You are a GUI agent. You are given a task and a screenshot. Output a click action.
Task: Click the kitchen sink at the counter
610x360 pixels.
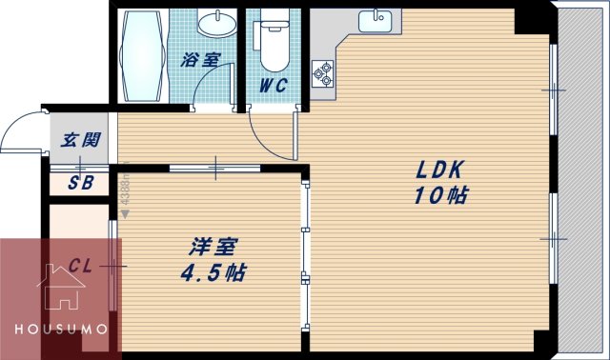377,19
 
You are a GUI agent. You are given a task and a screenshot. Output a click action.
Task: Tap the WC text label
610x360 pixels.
275,84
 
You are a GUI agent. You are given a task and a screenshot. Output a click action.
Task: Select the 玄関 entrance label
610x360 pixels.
81,140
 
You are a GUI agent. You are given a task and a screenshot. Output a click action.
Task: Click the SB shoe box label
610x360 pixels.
79,184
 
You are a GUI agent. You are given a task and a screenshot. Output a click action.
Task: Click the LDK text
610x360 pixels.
437,171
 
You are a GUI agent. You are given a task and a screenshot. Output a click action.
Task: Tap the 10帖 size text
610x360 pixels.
439,197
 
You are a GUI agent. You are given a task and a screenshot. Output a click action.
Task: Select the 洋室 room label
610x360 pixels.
207,248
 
